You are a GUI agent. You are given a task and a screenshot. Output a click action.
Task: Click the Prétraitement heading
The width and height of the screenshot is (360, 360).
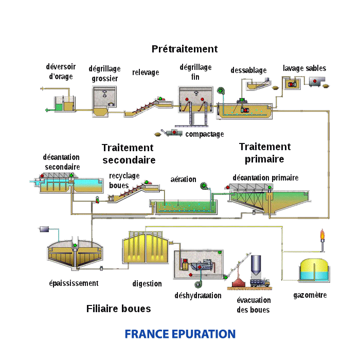click(x=185, y=49)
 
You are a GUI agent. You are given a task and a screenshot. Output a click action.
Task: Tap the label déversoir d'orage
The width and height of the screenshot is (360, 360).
click(x=61, y=71)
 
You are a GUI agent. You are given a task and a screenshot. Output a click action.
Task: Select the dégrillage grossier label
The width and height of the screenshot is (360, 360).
click(x=104, y=74)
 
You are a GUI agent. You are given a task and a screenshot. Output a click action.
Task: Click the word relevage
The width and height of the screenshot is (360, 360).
click(x=146, y=72)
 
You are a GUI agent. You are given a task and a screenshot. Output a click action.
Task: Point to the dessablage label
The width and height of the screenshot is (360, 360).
click(x=248, y=70)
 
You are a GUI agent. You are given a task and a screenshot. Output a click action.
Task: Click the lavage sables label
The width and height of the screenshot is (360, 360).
click(x=304, y=68)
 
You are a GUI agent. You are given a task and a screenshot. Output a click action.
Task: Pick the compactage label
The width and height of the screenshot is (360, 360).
click(x=205, y=134)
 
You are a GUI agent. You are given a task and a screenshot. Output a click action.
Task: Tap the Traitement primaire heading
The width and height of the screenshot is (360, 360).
click(x=264, y=153)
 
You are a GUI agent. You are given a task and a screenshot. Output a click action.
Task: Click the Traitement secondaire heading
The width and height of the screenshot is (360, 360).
click(x=128, y=154)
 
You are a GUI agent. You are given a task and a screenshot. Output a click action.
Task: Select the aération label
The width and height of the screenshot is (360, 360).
click(x=183, y=179)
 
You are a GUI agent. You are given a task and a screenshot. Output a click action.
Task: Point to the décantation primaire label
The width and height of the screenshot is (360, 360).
click(x=265, y=178)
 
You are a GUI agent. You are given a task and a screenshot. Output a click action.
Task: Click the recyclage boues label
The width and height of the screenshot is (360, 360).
click(x=124, y=181)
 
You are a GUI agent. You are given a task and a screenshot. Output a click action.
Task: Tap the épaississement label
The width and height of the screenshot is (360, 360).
click(x=74, y=283)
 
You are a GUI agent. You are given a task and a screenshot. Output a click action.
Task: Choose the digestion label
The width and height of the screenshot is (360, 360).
click(x=147, y=283)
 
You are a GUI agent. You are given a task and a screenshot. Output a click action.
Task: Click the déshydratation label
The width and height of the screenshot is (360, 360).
click(x=198, y=296)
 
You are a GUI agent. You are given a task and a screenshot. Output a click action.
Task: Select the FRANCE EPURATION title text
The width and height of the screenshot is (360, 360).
click(x=180, y=334)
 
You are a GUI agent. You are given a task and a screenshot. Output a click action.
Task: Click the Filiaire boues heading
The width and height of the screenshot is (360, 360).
click(x=119, y=309)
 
